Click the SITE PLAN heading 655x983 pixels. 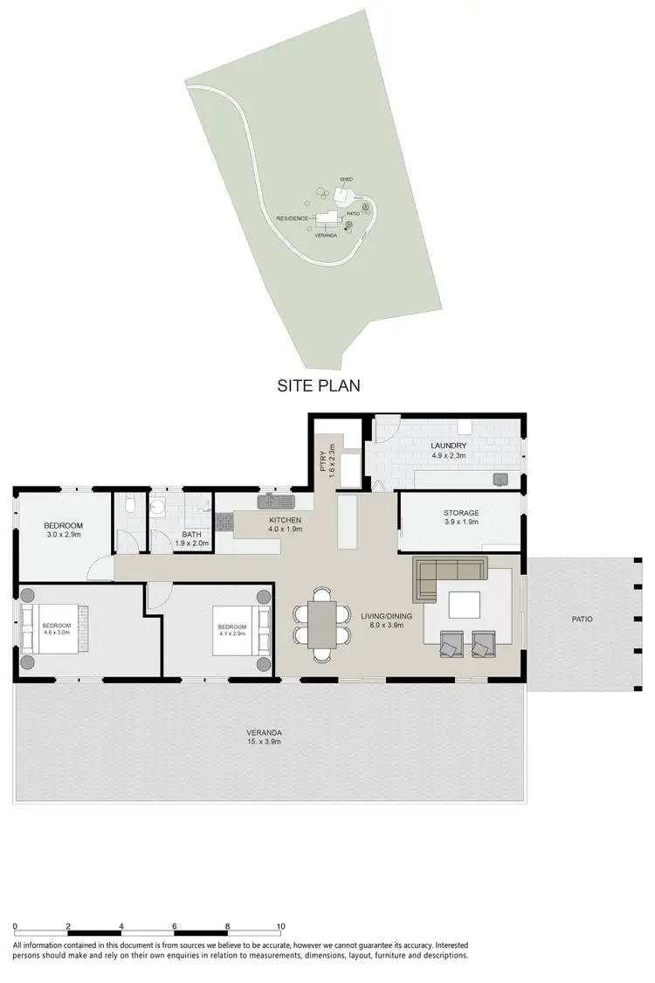coord(319,384)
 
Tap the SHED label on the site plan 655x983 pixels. coord(346,178)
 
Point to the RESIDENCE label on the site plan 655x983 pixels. coord(291,218)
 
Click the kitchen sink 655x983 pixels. coord(279,502)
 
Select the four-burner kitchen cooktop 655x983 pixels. coord(224,523)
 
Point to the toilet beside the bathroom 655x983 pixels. coord(129,506)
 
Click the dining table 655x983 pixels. coord(321,626)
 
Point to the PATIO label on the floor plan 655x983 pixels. coord(582,619)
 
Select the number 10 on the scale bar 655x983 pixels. coord(280,925)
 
